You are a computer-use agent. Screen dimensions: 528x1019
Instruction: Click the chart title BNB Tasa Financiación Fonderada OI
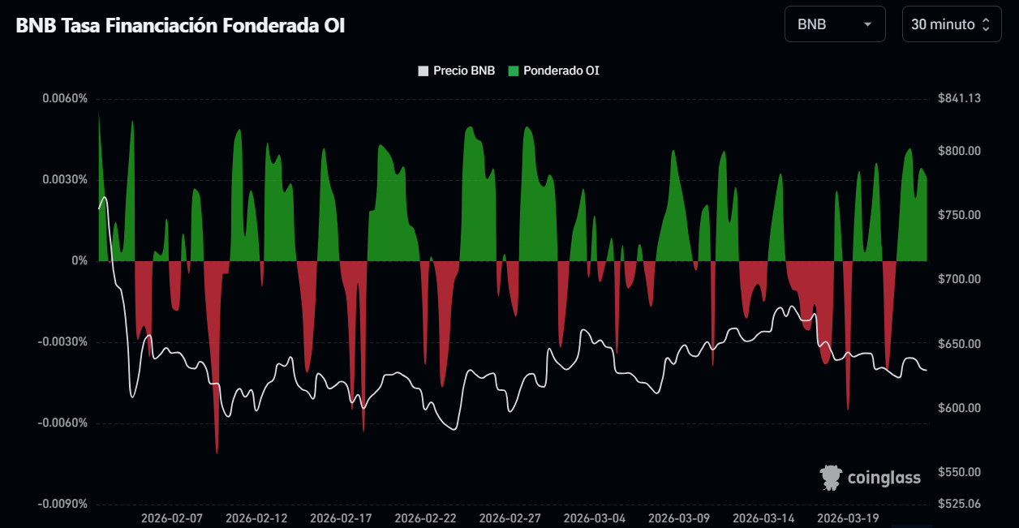tap(181, 25)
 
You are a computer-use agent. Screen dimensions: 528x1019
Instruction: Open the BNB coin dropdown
tap(834, 24)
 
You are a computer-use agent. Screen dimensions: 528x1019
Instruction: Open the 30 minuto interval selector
tap(950, 24)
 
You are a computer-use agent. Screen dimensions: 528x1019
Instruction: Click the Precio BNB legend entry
tap(457, 71)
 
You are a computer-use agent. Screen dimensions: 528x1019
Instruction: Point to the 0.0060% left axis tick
tap(65, 99)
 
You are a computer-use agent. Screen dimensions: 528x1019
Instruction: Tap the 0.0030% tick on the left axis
tap(65, 180)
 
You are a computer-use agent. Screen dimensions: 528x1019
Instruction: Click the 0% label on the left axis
tap(79, 261)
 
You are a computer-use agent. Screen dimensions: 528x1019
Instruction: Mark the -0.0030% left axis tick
tap(63, 342)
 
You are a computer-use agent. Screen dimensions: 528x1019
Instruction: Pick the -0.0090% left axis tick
tap(63, 504)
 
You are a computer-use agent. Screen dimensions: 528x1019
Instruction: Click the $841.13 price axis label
tap(960, 99)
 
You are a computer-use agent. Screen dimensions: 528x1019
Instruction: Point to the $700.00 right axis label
tap(960, 280)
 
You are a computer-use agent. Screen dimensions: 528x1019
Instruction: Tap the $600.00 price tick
tap(960, 408)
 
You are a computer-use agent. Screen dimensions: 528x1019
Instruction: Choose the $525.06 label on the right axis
tap(960, 504)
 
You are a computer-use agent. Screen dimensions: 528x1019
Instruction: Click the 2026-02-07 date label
tap(172, 518)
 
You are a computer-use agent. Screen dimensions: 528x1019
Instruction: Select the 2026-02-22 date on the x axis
tap(425, 518)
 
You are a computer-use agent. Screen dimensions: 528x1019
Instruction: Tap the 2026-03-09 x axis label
tap(679, 518)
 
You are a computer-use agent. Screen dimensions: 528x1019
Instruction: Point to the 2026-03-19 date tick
tap(848, 518)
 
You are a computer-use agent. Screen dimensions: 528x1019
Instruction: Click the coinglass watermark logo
tap(871, 478)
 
